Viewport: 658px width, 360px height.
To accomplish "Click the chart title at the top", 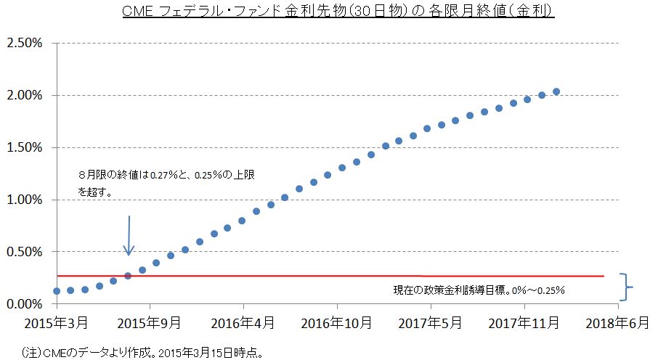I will tap(329, 12).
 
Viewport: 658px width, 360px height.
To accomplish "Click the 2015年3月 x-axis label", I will tap(57, 322).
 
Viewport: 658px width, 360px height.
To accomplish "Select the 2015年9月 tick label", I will tap(150, 322).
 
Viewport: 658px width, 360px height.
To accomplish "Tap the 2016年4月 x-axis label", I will tap(243, 322).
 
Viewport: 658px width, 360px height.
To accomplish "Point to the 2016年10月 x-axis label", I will tap(337, 322).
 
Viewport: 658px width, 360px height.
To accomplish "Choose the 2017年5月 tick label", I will tap(431, 322).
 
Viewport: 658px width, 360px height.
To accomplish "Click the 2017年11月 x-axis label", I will tap(524, 322).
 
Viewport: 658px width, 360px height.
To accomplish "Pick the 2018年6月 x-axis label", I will tap(618, 322).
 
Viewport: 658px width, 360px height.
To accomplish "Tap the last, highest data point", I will tap(556, 91).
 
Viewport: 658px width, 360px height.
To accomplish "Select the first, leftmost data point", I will tap(57, 291).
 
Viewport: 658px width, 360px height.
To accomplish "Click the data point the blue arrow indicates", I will tap(128, 276).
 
